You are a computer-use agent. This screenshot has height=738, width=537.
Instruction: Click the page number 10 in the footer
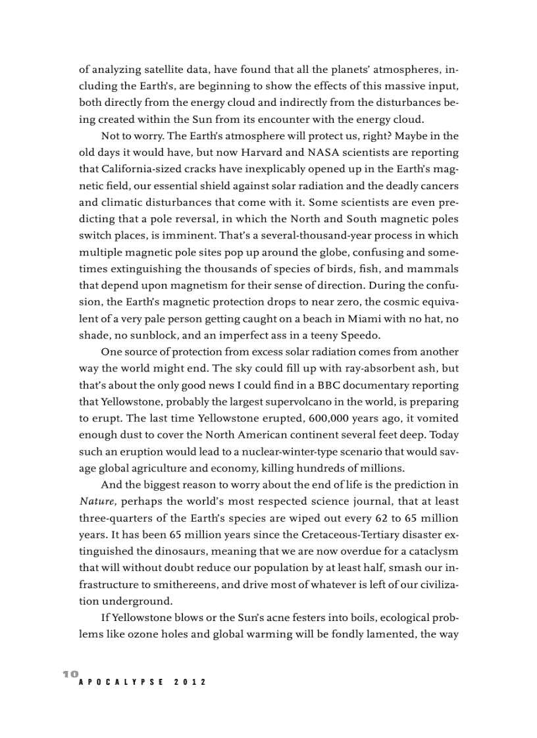(70, 674)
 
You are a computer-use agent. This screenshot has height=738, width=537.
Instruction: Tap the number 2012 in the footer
(190, 683)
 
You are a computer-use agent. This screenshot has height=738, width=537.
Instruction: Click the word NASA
(326, 153)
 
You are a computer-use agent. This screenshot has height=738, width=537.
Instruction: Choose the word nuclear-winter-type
(282, 451)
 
